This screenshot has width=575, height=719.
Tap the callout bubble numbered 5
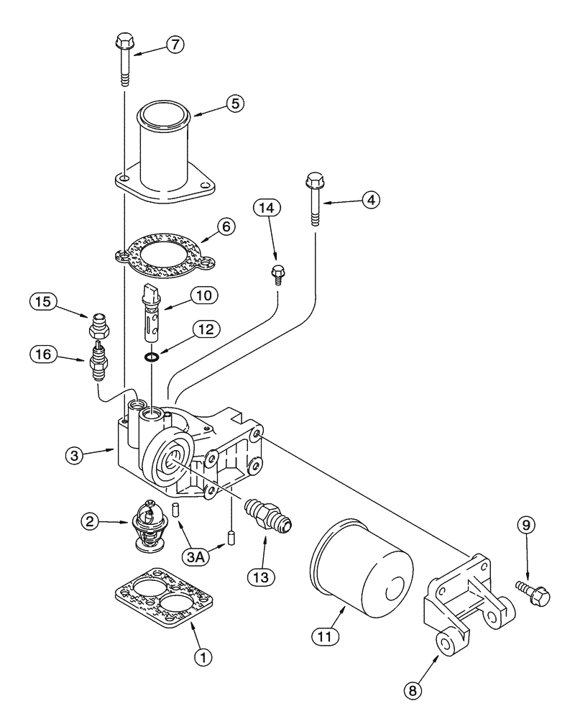pyautogui.click(x=234, y=103)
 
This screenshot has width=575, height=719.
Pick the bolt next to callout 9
pyautogui.click(x=536, y=593)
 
